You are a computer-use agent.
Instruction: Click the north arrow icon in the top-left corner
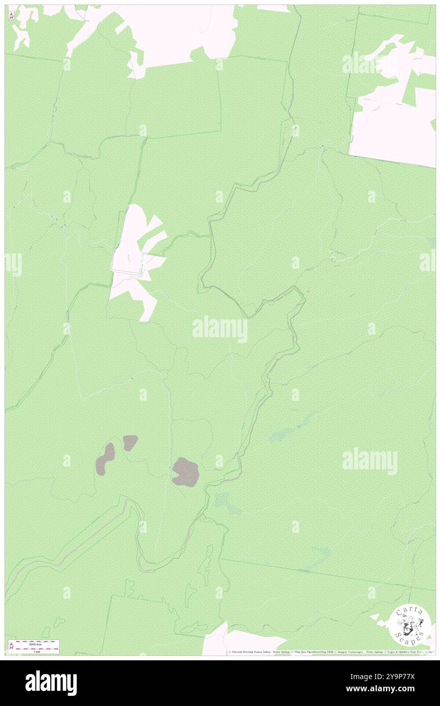click(11, 15)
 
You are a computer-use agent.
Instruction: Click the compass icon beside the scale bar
click(11, 646)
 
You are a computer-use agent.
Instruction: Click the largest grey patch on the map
click(185, 472)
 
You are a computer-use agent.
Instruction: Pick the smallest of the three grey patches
click(130, 442)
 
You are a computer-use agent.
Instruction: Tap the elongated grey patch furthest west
click(106, 458)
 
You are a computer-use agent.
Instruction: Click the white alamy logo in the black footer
click(51, 683)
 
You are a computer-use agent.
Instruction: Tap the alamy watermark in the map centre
click(219, 329)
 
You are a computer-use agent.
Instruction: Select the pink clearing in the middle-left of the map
click(136, 262)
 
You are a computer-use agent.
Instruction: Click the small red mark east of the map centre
click(310, 291)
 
